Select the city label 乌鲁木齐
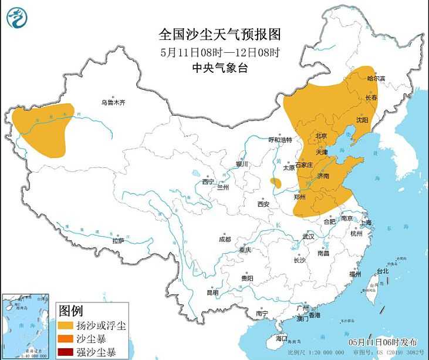click(x=113, y=102)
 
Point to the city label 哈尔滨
click(x=376, y=78)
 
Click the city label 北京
click(x=321, y=136)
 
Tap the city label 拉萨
click(x=118, y=240)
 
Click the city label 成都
click(x=225, y=239)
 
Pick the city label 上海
click(x=366, y=223)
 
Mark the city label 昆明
click(x=212, y=292)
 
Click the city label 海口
click(x=282, y=338)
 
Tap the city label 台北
click(x=383, y=271)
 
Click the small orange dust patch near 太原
click(x=275, y=183)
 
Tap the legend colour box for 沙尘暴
click(x=66, y=339)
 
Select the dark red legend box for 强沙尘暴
click(x=66, y=352)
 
